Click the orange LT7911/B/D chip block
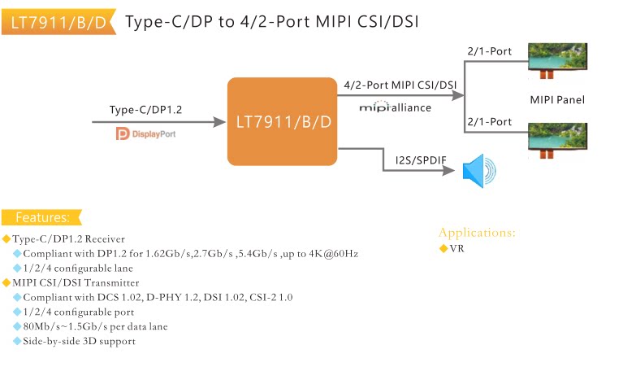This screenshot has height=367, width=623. pyautogui.click(x=282, y=121)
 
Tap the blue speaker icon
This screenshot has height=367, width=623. pyautogui.click(x=479, y=171)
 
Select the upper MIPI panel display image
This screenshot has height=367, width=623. pyautogui.click(x=557, y=60)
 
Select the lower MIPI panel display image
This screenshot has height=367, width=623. pyautogui.click(x=557, y=141)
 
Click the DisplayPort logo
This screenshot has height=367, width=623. pyautogui.click(x=145, y=133)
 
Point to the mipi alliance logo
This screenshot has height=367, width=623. pyautogui.click(x=395, y=107)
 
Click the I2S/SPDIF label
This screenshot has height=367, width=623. pyautogui.click(x=421, y=160)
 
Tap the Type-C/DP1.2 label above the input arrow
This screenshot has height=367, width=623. pyautogui.click(x=145, y=110)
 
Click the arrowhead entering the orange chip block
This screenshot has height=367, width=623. pyautogui.click(x=220, y=122)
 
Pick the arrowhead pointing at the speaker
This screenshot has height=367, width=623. pyautogui.click(x=448, y=171)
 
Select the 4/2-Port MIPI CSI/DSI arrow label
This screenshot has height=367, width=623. pyautogui.click(x=400, y=85)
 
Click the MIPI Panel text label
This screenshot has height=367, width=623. pyautogui.click(x=557, y=99)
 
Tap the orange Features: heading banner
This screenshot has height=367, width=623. pyautogui.click(x=41, y=217)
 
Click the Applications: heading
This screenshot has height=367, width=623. pyautogui.click(x=477, y=233)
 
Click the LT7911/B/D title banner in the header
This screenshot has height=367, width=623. pyautogui.click(x=58, y=22)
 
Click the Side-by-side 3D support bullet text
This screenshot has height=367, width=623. pyautogui.click(x=79, y=341)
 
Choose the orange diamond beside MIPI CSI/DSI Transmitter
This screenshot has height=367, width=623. pyautogui.click(x=6, y=282)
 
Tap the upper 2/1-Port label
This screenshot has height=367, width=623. pyautogui.click(x=490, y=51)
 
